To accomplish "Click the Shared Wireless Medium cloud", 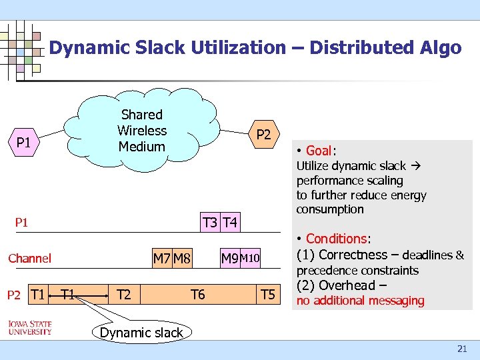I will click(x=141, y=130).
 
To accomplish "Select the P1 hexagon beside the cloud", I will click(x=24, y=142).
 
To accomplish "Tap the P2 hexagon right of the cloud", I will click(x=264, y=135).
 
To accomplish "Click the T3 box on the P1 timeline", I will click(x=210, y=222).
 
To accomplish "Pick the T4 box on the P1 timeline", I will click(x=230, y=222).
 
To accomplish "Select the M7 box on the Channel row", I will click(x=161, y=258).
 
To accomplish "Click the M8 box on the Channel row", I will click(x=182, y=258).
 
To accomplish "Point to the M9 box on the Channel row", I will click(x=229, y=258).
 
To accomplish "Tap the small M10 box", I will click(x=250, y=258).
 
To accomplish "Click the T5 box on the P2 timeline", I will click(x=267, y=294).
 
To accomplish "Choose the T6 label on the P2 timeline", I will click(x=198, y=294).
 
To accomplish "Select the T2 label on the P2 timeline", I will click(x=123, y=294).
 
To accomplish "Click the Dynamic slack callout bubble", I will click(x=141, y=333).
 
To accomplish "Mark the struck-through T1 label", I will click(x=67, y=294).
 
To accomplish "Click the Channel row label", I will click(x=29, y=258).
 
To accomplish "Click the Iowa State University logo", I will click(x=30, y=327).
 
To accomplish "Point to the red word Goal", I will click(x=319, y=150).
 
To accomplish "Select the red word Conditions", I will click(x=336, y=239).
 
